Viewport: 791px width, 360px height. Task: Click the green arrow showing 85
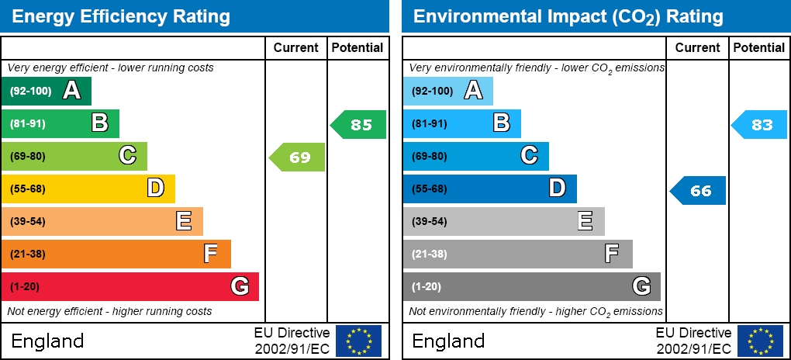[x=359, y=125]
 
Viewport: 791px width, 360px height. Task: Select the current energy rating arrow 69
[x=298, y=157]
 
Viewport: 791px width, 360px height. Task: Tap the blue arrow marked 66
[x=699, y=190]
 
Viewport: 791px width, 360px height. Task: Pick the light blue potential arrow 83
[x=760, y=125]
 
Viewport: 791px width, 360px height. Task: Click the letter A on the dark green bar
[x=71, y=91]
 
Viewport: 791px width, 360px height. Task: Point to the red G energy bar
[x=130, y=286]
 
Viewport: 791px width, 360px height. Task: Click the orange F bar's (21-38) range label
[x=28, y=254]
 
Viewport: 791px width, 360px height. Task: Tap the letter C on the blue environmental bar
[x=529, y=156]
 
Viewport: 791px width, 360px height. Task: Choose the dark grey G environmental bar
[x=531, y=286]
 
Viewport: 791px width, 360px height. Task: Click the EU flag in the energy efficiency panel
[x=358, y=341]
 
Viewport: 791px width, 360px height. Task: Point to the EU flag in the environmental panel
[x=760, y=341]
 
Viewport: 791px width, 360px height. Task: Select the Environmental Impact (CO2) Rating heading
[x=568, y=16]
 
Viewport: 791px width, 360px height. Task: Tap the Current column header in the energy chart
[x=296, y=47]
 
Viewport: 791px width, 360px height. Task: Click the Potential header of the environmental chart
[x=758, y=47]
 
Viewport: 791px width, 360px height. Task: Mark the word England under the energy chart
[x=47, y=341]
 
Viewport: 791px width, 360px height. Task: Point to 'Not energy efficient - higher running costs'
[x=109, y=311]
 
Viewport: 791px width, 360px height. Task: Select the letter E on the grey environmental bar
[x=585, y=221]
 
